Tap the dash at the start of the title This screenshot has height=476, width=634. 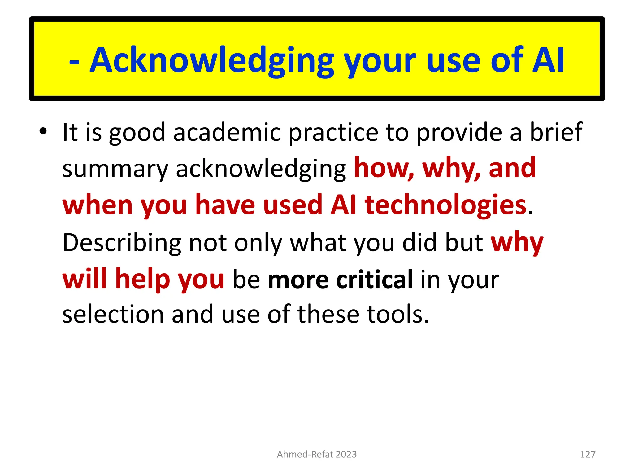click(x=74, y=61)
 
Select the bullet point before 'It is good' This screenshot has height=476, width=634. click(x=43, y=131)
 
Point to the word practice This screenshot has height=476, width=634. click(x=333, y=133)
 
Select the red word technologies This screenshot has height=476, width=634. click(x=446, y=205)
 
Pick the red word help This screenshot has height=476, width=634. click(x=143, y=279)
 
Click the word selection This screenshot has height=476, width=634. click(x=113, y=314)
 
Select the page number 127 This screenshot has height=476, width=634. click(x=588, y=454)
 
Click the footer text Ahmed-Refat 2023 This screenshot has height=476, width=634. click(x=317, y=454)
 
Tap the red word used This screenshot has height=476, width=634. click(x=293, y=205)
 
